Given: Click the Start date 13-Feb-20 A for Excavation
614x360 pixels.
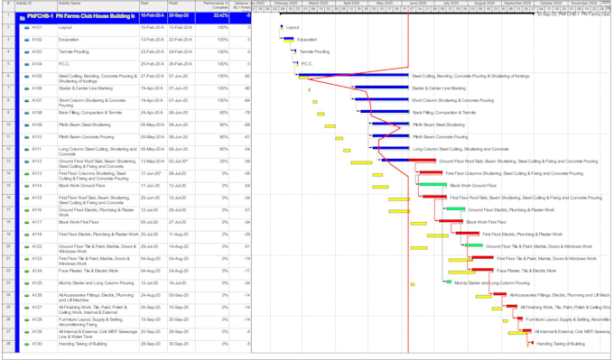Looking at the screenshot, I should click(153, 40).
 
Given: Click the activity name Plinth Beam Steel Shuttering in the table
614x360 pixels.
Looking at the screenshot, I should click(83, 125).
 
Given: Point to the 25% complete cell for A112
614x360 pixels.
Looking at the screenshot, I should click(222, 161).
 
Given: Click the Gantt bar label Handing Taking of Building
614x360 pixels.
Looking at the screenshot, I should click(561, 344).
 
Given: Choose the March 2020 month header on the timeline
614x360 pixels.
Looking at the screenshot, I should click(318, 4).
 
